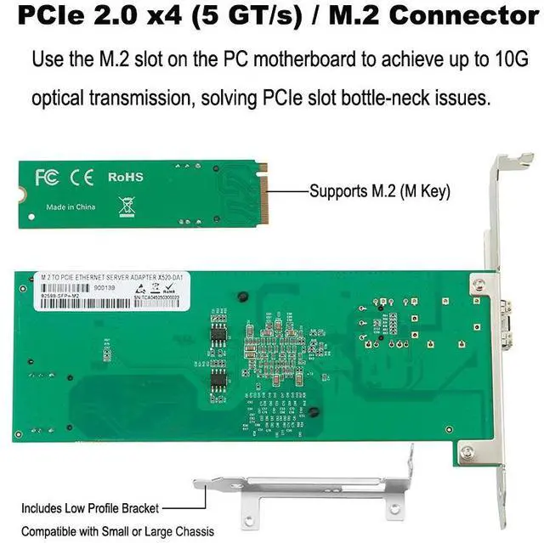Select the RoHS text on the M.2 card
[126, 178]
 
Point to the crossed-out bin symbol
[126, 205]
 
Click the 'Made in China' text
[71, 207]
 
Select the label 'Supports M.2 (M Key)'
[379, 191]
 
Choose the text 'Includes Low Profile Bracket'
[90, 508]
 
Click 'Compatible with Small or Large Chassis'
[118, 532]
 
